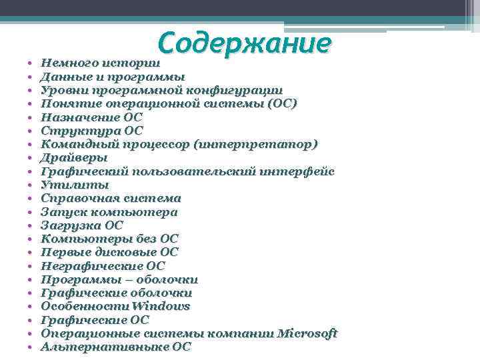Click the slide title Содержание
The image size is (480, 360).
[x=245, y=43]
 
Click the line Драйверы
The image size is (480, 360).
[x=74, y=157]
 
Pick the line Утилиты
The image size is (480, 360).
[x=75, y=185]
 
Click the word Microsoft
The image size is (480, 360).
[x=307, y=333]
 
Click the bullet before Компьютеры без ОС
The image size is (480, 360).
[x=31, y=239]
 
